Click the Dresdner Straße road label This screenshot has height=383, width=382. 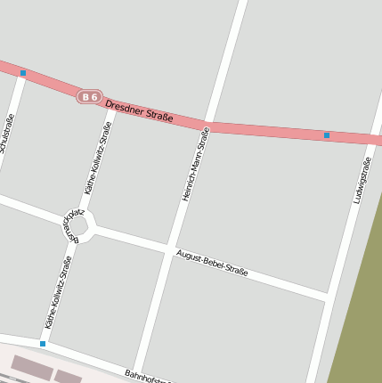(x=139, y=111)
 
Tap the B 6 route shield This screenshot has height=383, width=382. (x=88, y=96)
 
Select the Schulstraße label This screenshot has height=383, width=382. (x=6, y=134)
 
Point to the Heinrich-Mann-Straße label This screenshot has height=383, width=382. (x=196, y=164)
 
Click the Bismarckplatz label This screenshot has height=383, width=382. (x=73, y=225)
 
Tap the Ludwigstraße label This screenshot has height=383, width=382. (x=362, y=181)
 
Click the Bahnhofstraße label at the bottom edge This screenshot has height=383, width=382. (x=147, y=378)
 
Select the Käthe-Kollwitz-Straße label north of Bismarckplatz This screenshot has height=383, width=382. (x=98, y=159)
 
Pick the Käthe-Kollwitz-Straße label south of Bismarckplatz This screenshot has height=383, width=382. (x=58, y=292)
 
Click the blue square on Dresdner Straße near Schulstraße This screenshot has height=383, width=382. (x=23, y=73)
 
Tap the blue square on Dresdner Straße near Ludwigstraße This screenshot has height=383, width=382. (x=327, y=135)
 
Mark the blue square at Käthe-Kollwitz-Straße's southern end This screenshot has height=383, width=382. (x=43, y=343)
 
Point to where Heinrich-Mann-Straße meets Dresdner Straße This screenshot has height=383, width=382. (x=207, y=123)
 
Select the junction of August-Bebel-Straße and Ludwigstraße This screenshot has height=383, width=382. (x=329, y=295)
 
